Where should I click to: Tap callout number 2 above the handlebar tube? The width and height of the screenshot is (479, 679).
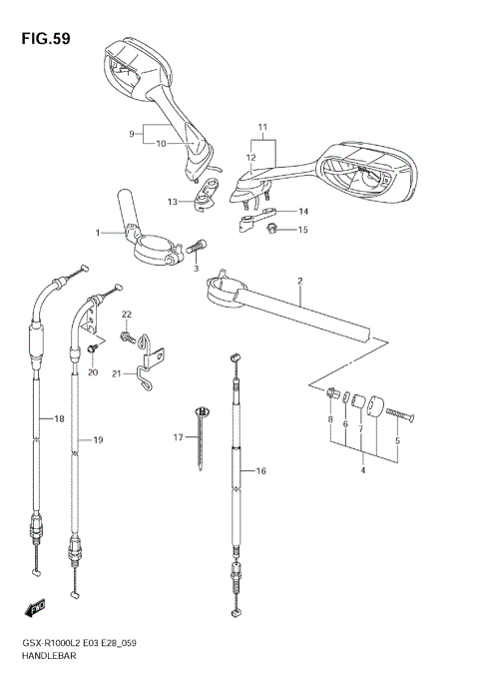point(298,282)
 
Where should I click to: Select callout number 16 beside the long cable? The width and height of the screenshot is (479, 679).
point(261,471)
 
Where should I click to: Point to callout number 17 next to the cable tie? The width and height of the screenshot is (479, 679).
point(179,437)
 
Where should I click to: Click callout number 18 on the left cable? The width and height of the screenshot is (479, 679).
point(31,419)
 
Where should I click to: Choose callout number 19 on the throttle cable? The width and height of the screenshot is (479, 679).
point(98,439)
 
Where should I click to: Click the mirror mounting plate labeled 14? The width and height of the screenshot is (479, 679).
point(257,217)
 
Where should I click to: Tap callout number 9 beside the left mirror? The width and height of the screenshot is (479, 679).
point(130,133)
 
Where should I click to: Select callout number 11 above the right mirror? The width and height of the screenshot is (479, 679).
point(262,129)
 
